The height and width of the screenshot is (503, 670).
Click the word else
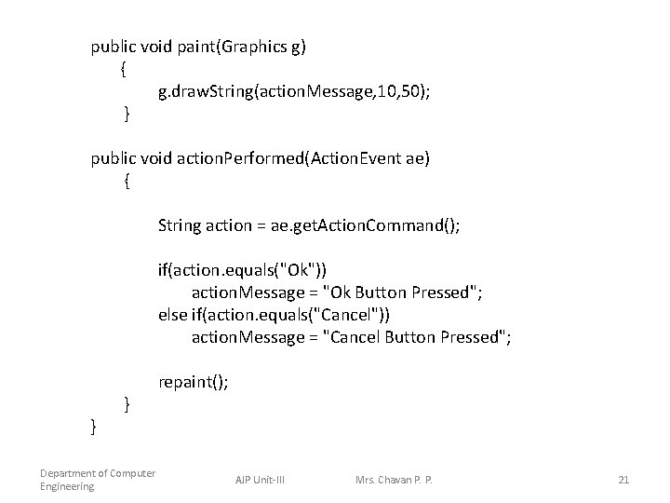coord(172,316)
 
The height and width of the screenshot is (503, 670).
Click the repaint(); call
coord(193,382)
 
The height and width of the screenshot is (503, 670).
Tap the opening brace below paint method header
coord(125,69)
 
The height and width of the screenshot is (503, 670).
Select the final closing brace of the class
coord(93,427)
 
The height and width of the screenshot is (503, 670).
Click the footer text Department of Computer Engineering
coord(98,480)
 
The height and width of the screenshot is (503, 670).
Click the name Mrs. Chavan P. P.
coord(394,480)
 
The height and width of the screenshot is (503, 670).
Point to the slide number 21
coord(623,480)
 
